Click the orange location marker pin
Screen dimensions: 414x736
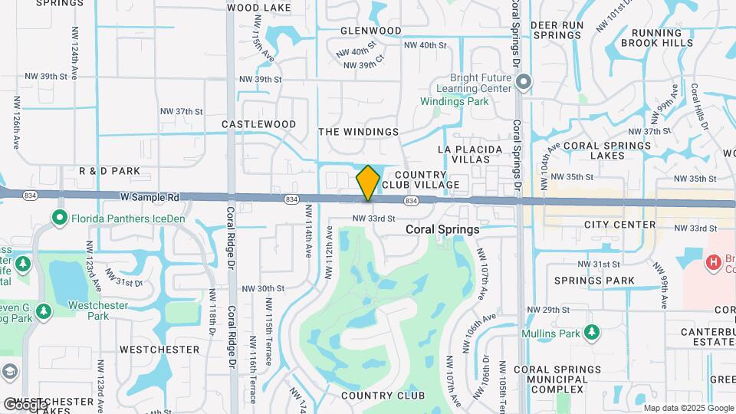click(x=368, y=183)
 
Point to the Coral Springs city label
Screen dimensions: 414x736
click(x=442, y=229)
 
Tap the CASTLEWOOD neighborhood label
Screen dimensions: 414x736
click(x=258, y=123)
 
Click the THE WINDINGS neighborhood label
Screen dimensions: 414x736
click(x=358, y=132)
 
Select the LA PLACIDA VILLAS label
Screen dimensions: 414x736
click(x=471, y=154)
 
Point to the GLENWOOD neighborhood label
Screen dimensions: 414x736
click(x=371, y=31)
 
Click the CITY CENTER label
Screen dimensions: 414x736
click(x=619, y=225)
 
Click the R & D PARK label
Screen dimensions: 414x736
click(x=109, y=170)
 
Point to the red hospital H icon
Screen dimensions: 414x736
click(x=714, y=262)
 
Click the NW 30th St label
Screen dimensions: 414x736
click(x=263, y=288)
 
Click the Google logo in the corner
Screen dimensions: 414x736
click(x=25, y=404)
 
